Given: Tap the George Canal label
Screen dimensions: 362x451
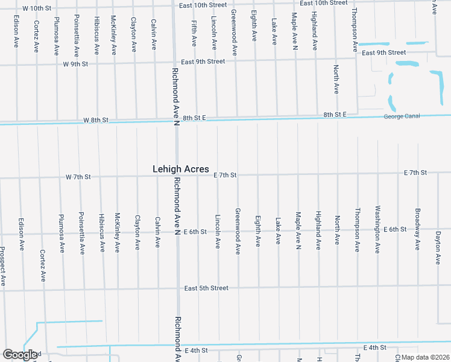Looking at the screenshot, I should click(401, 116).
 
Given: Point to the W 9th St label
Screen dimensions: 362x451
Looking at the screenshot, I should click(76, 63).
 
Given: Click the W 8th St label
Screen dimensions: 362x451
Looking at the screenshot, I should click(96, 121).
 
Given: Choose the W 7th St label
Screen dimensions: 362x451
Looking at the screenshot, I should click(78, 177).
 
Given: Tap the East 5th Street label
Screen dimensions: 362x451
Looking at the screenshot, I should click(207, 288).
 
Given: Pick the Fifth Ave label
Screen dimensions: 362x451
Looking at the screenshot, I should click(194, 33).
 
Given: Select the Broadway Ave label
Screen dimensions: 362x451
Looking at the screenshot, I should click(417, 229).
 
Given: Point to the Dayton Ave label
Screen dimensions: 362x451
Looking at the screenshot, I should click(438, 247).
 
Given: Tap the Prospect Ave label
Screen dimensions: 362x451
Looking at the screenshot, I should click(3, 266).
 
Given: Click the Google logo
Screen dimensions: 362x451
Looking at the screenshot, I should click(20, 355).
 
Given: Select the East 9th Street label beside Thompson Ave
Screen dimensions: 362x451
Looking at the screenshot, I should click(384, 52).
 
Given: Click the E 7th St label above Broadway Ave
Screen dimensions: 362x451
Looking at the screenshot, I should click(415, 173).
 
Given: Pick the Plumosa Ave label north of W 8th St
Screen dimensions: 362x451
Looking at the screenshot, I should click(56, 36).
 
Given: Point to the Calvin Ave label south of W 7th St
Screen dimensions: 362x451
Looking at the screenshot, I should click(157, 232).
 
